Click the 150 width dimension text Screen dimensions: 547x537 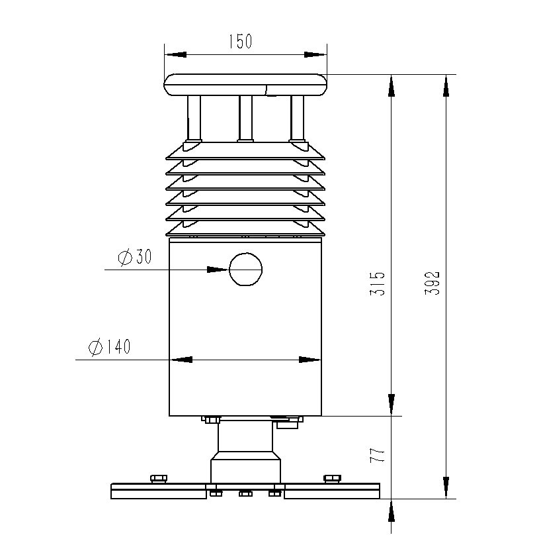tap(240, 42)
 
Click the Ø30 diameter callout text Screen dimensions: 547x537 tap(135, 257)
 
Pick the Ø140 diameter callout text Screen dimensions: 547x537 tap(109, 346)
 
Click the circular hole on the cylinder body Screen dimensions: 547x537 tap(245, 270)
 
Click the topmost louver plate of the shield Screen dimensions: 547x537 tap(245, 153)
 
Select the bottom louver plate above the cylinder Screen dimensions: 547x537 tap(245, 229)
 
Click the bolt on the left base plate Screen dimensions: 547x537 tap(159, 478)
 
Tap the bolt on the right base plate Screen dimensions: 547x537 tap(332, 478)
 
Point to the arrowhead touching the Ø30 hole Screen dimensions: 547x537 tap(218, 270)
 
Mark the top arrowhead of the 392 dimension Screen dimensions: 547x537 tap(448, 86)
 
